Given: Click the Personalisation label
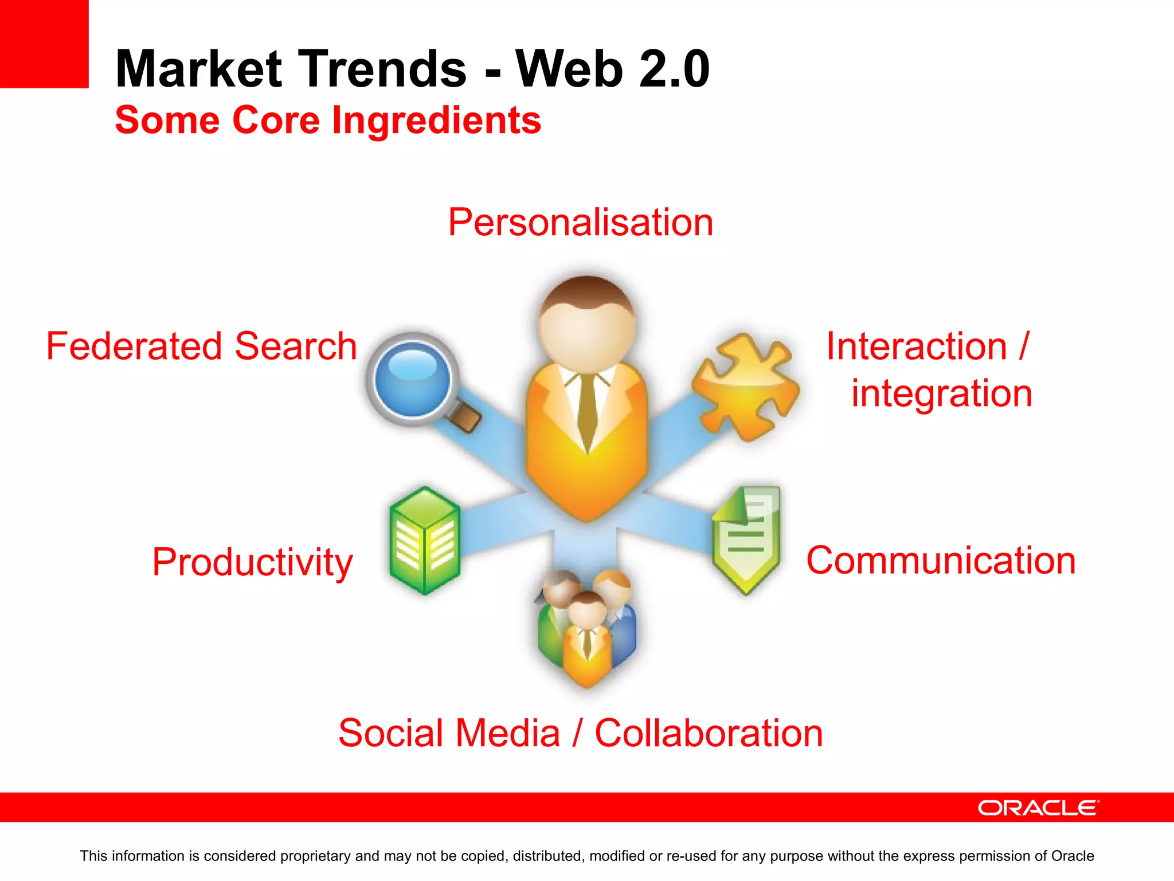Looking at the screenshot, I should (x=580, y=223).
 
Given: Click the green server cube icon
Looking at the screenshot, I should (x=425, y=540).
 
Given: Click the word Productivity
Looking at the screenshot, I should (x=252, y=562).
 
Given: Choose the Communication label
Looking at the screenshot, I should (x=941, y=560).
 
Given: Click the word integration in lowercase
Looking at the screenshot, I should (x=941, y=393).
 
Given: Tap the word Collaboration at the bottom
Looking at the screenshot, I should (x=709, y=734).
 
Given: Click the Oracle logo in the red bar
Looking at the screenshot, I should (x=1038, y=808).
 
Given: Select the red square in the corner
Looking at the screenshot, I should (x=44, y=44).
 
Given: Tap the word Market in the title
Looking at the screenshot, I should (x=199, y=69).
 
